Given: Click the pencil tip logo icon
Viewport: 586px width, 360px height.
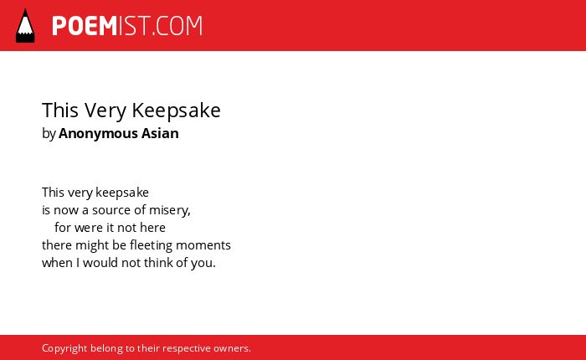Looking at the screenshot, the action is click(25, 25).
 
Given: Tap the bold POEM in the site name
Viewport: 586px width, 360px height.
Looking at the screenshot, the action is click(85, 26).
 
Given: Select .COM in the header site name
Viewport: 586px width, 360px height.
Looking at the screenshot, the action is click(177, 26).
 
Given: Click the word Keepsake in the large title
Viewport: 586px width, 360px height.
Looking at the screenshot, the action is click(176, 111).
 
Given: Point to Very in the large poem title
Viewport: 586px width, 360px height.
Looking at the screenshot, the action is click(105, 111).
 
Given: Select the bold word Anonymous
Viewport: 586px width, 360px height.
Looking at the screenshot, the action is click(98, 133).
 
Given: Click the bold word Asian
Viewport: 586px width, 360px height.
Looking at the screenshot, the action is click(160, 133).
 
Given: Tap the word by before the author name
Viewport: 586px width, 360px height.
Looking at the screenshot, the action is click(49, 133).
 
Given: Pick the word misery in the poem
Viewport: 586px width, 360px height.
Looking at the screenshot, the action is click(168, 210).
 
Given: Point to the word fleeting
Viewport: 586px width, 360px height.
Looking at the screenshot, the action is click(151, 245).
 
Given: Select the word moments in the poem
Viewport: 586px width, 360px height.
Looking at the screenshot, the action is click(203, 245).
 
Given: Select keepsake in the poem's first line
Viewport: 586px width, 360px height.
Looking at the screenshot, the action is click(122, 193).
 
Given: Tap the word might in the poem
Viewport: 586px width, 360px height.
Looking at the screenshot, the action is click(89, 245).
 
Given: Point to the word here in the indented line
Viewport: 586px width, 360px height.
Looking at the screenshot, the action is click(152, 227).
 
